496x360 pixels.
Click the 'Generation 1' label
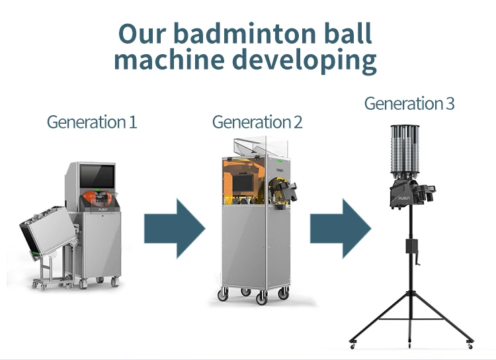coord(92,122)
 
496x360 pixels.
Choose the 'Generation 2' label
coord(257,122)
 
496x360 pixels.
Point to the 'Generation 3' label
coord(409,104)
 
